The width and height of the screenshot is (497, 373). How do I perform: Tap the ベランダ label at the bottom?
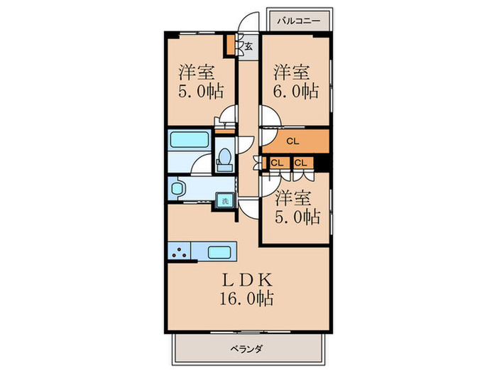point(246,348)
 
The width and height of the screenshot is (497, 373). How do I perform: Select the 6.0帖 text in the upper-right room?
point(295,91)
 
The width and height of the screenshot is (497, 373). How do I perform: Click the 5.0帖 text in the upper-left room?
point(201,91)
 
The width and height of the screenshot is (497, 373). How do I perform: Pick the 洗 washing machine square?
point(225,200)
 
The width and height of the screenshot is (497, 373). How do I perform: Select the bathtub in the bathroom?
point(190,139)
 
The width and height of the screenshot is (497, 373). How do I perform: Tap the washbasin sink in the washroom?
point(177,188)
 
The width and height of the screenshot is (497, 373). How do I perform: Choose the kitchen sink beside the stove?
point(220,251)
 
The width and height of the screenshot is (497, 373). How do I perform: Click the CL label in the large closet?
point(293,141)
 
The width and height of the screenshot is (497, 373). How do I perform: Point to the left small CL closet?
point(276,163)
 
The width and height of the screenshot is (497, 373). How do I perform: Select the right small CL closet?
point(301,163)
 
